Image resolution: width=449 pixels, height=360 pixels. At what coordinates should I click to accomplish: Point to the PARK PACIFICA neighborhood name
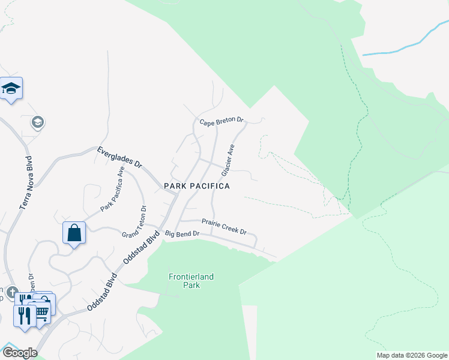197,187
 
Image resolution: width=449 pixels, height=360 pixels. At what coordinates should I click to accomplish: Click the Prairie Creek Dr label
224,226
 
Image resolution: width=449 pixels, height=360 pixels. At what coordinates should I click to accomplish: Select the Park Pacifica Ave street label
113,189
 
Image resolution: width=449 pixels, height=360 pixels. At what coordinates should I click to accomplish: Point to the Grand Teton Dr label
135,223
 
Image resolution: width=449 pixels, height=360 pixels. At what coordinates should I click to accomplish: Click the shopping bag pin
74,232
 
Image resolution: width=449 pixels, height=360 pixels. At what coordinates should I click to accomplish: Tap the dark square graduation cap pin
11,89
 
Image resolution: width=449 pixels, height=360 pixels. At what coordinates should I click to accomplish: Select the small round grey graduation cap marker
37,122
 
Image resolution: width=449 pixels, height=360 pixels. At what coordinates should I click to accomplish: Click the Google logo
19,353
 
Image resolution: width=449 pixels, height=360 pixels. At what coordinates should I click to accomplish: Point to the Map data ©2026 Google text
412,355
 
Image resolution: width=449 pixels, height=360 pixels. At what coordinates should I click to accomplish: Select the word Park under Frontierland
191,286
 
